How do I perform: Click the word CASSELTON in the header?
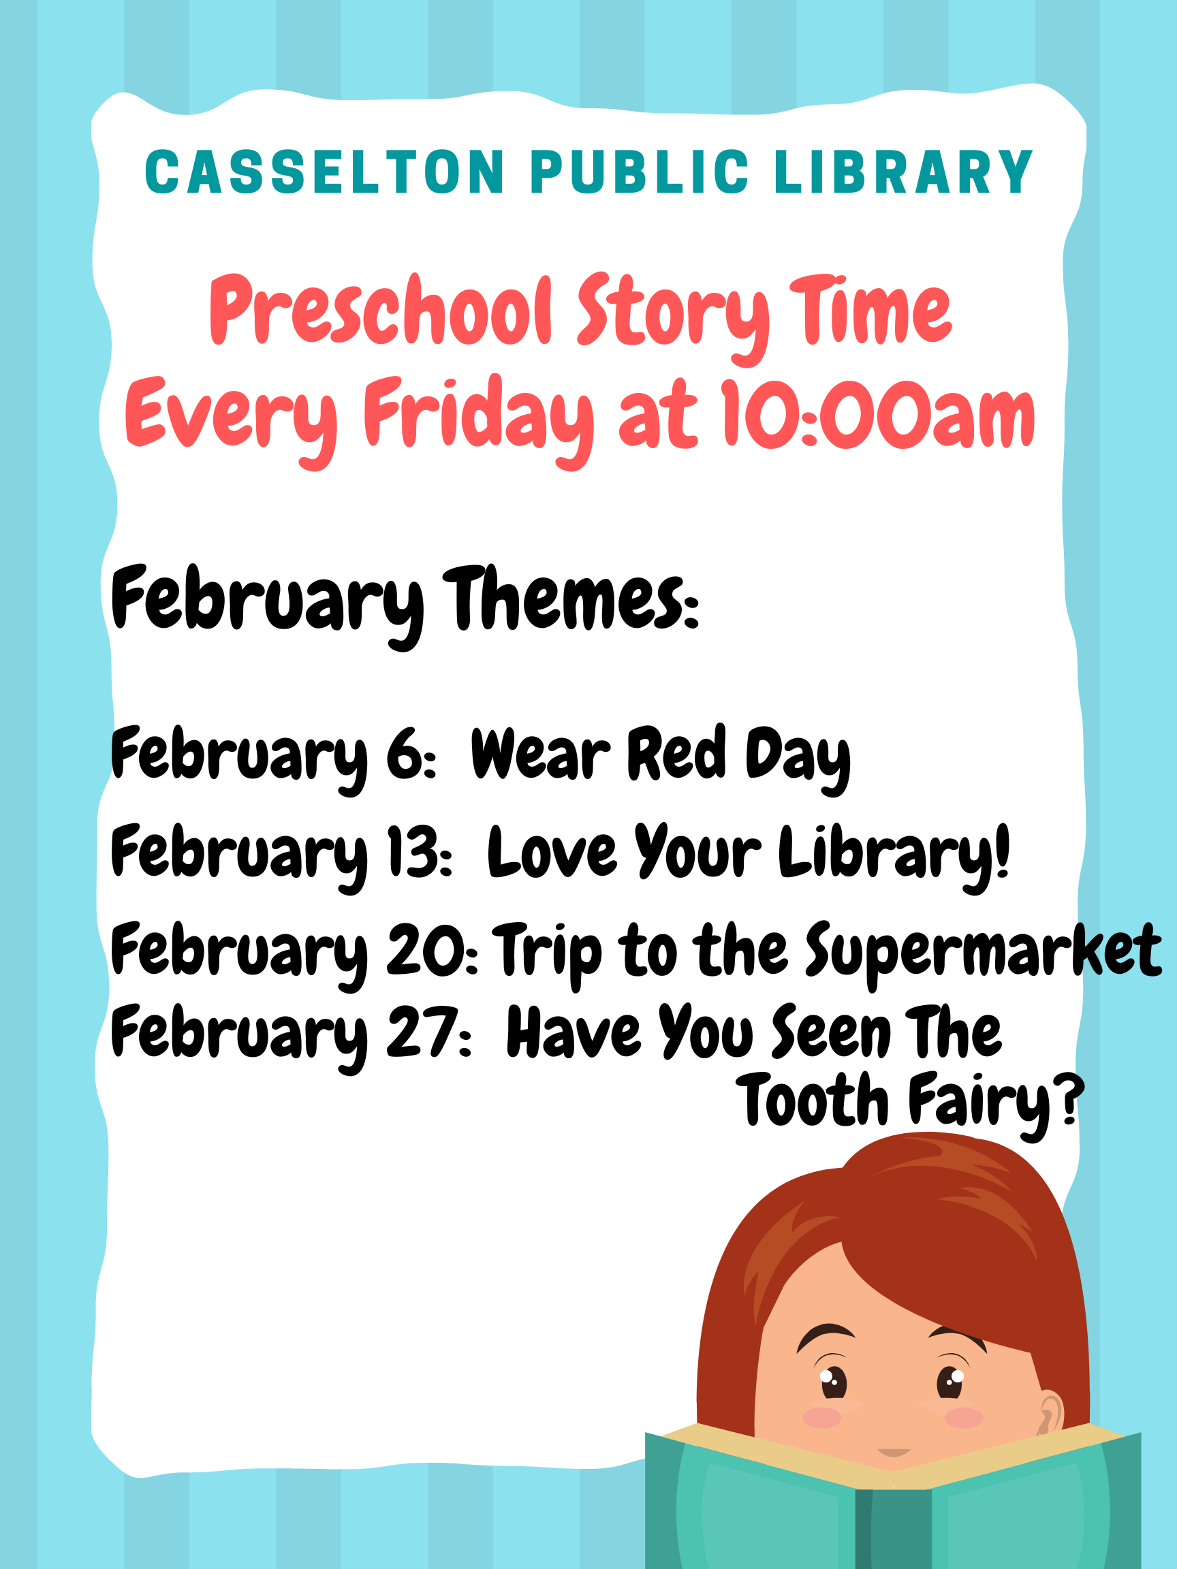click(x=324, y=172)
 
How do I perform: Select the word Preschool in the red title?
click(x=381, y=310)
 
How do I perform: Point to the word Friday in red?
click(x=479, y=420)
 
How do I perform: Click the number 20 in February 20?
click(x=426, y=951)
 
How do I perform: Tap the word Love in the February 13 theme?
click(x=552, y=851)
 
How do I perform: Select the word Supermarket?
click(x=984, y=952)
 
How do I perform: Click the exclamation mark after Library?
click(x=1001, y=850)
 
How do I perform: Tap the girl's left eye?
click(x=951, y=1380)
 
